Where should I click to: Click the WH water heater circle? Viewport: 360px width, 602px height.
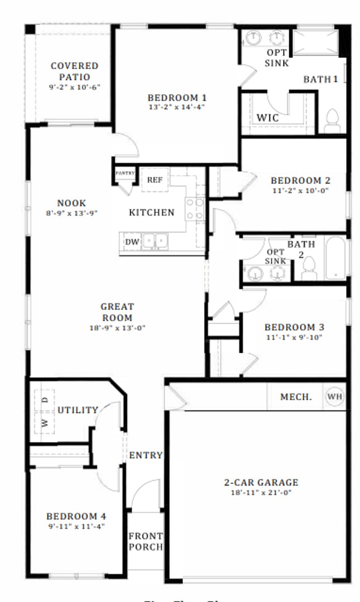tap(334, 396)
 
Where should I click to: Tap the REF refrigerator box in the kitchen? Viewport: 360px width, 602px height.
tap(154, 180)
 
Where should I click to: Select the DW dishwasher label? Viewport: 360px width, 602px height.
tap(132, 242)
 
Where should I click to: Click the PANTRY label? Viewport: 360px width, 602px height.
tap(125, 173)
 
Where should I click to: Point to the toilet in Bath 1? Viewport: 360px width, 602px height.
tap(332, 121)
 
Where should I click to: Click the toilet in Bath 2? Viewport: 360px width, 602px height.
tap(309, 269)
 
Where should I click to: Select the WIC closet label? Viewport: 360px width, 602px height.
tap(267, 118)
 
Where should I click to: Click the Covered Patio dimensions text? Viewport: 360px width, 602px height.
tap(74, 88)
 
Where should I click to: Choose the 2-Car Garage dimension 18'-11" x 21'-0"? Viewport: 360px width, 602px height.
tap(257, 493)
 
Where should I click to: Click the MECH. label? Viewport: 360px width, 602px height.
tap(296, 397)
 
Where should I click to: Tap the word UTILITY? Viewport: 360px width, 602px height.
tap(78, 410)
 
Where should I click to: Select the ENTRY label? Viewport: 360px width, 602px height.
tap(145, 455)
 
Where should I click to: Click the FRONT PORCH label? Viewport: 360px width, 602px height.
tap(145, 541)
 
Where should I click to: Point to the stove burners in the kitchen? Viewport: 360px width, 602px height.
tap(195, 208)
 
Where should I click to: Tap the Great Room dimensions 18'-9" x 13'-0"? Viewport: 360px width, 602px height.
tap(117, 328)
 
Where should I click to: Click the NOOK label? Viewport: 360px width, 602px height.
tap(71, 203)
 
